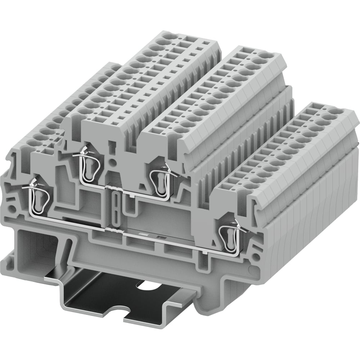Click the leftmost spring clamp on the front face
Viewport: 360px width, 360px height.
39,196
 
